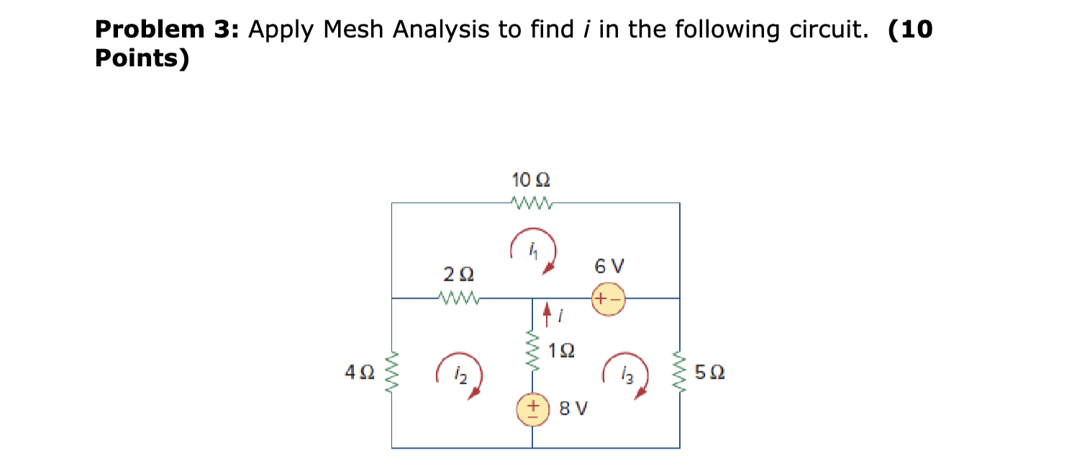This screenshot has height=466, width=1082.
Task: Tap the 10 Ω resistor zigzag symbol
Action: pyautogui.click(x=530, y=203)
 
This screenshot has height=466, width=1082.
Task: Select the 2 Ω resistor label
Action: pyautogui.click(x=458, y=274)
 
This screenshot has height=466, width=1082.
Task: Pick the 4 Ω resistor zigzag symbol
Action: pyautogui.click(x=392, y=372)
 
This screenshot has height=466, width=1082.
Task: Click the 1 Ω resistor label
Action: pyautogui.click(x=561, y=351)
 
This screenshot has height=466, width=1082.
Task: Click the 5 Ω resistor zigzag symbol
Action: pyautogui.click(x=680, y=372)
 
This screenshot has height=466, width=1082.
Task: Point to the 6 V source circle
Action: pyautogui.click(x=608, y=298)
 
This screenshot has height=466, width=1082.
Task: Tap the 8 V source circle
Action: pyautogui.click(x=533, y=410)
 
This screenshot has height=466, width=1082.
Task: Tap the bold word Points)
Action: pyautogui.click(x=142, y=58)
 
